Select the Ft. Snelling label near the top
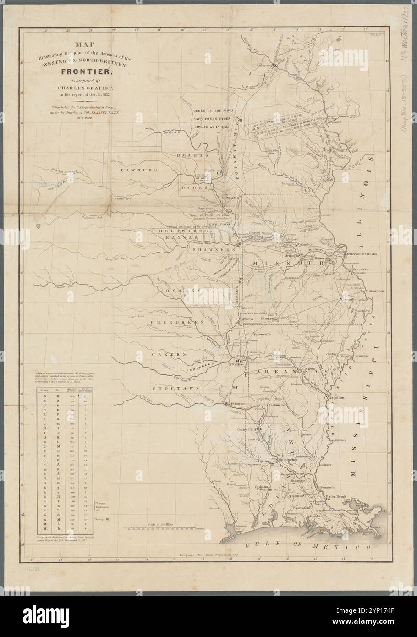point(268,66)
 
